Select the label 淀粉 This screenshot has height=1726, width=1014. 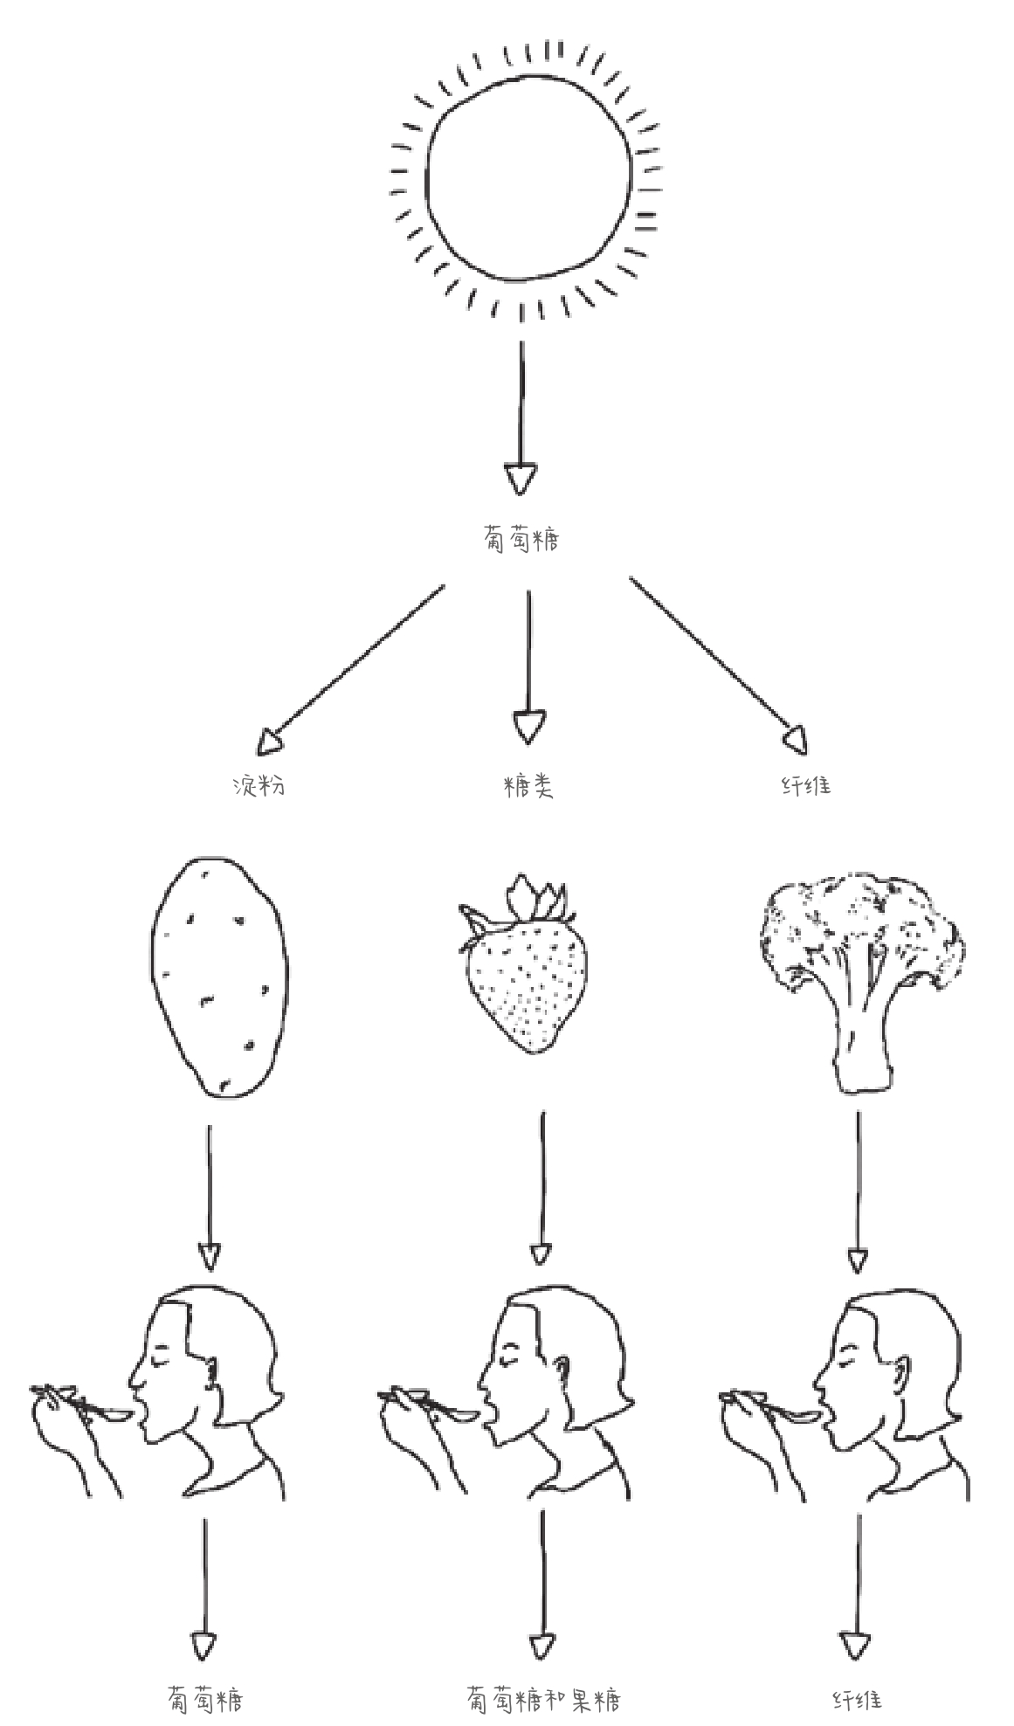[x=259, y=785]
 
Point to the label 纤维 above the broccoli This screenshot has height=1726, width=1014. [x=805, y=785]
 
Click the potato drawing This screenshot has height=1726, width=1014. [x=218, y=977]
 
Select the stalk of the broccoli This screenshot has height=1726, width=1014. [x=863, y=1039]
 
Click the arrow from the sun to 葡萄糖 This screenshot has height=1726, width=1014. [x=521, y=418]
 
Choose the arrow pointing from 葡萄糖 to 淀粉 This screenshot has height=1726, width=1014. [x=350, y=669]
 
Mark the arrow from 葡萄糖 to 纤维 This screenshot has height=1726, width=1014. [x=718, y=665]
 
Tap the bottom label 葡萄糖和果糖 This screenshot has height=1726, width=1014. [x=544, y=1699]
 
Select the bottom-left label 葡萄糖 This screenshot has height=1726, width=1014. [x=205, y=1699]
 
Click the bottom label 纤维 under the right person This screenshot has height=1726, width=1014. [x=857, y=1700]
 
